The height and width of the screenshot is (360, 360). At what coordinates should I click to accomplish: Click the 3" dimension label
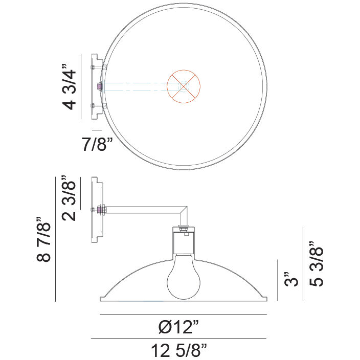point(289,281)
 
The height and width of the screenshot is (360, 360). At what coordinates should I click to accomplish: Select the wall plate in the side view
point(95,209)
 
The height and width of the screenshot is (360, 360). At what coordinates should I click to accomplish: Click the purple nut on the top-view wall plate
point(100,86)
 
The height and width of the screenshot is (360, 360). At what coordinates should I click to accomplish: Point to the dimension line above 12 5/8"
point(179,339)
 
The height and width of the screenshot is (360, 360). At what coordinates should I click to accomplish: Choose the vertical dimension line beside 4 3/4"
point(81,86)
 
